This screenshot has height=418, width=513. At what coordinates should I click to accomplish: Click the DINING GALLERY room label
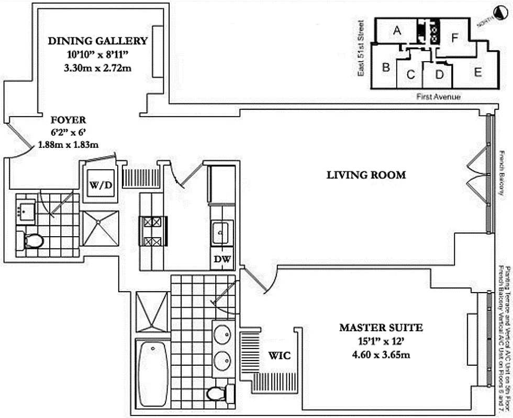tap(98, 41)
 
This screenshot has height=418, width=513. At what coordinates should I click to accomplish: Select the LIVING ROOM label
tap(366, 175)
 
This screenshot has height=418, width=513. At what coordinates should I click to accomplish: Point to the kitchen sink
tap(221, 230)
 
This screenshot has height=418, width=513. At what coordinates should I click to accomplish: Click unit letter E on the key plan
tap(477, 73)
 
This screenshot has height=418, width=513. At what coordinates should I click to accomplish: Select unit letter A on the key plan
tap(397, 31)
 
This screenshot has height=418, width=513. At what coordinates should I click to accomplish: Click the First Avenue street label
tap(439, 97)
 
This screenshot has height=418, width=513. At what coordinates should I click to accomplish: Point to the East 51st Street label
tap(361, 48)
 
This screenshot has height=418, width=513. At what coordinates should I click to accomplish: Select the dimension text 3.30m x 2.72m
tap(98, 67)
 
